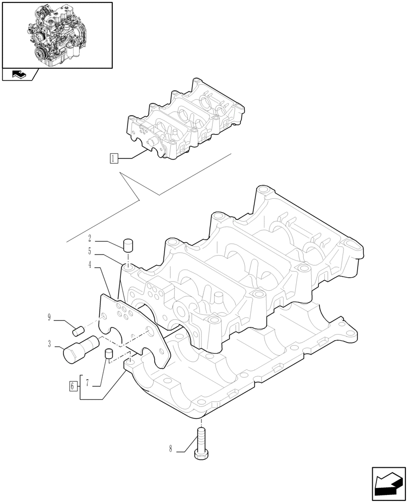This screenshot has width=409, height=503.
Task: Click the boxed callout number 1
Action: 114,159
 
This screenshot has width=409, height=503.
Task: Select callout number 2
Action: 90,238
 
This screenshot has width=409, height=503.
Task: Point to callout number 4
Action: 90,265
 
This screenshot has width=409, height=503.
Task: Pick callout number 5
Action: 90,251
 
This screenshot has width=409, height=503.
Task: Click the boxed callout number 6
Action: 73,386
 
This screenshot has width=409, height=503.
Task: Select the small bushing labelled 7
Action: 108,354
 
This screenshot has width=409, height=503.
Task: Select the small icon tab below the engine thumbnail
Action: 19,75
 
